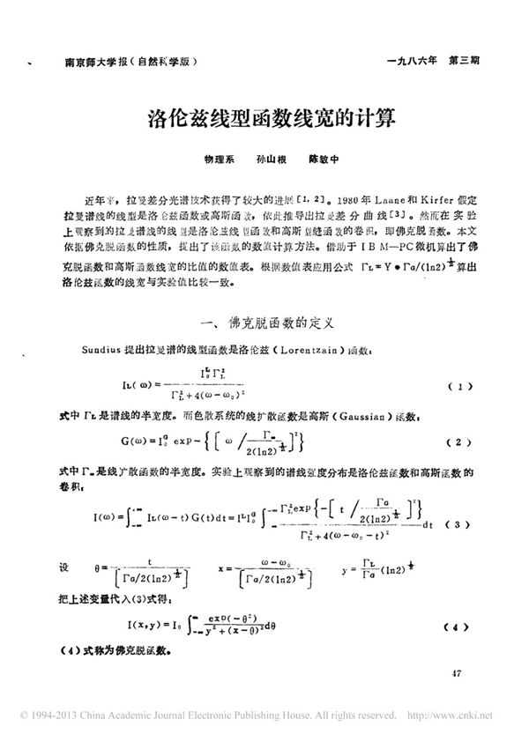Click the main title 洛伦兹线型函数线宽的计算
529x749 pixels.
click(264, 117)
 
